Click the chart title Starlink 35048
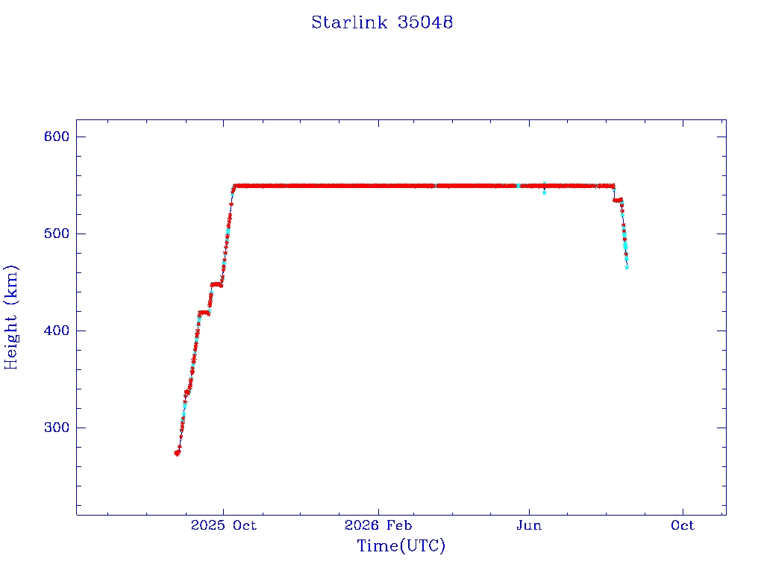[382, 22]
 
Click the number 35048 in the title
[425, 22]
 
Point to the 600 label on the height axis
[57, 137]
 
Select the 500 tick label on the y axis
[57, 234]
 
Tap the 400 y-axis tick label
[57, 331]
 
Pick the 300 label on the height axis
[57, 428]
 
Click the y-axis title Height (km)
[10, 317]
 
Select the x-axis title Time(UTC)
[401, 545]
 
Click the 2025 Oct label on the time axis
[223, 525]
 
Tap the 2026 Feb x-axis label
[378, 525]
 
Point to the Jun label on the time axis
[529, 525]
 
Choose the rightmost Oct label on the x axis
[683, 525]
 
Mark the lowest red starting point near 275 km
[177, 453]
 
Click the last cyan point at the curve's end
[627, 267]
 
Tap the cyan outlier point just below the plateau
[544, 193]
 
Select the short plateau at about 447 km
[216, 284]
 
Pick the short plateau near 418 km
[204, 313]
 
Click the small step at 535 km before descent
[617, 200]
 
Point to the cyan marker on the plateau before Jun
[518, 186]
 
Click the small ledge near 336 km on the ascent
[187, 392]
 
